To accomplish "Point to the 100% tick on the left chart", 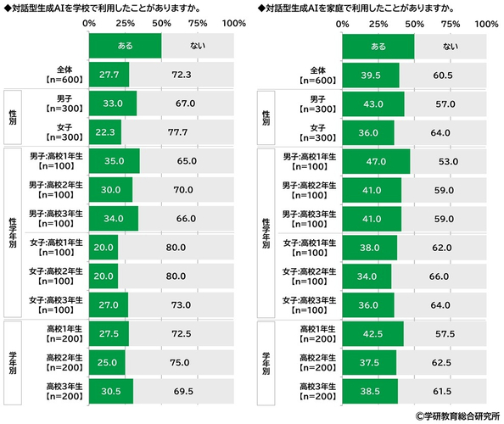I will [x=233, y=25].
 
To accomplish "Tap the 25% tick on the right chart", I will [x=378, y=25].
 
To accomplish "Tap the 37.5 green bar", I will [x=368, y=361].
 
